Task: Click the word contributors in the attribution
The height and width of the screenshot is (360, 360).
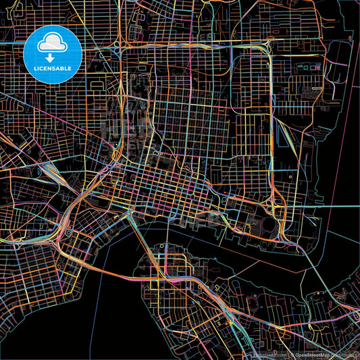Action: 346,355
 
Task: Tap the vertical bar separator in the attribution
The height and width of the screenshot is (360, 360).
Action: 290,355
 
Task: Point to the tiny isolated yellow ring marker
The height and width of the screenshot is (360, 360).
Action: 290,177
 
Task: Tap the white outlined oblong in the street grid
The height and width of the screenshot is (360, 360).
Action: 314,88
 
